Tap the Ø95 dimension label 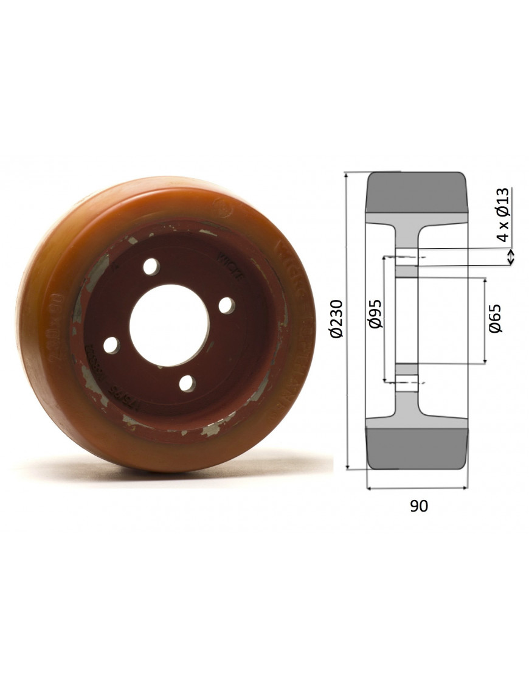coord(375,313)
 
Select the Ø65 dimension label coord(496,318)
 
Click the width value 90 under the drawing coord(418,506)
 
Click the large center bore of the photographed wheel coord(169,325)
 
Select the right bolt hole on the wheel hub coord(227,305)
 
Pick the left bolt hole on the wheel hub coord(111,346)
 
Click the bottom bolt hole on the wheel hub coord(187,383)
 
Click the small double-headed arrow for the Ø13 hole coord(511,257)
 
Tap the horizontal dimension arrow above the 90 coord(417,487)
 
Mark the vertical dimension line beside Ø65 coord(485,321)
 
